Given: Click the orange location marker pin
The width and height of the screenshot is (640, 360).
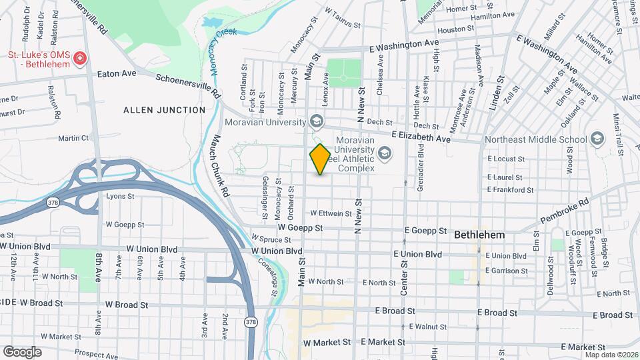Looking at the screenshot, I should (320, 159).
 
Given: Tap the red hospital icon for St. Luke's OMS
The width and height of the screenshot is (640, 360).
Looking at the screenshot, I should (80, 59).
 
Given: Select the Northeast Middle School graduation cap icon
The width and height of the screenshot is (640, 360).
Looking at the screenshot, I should (597, 139).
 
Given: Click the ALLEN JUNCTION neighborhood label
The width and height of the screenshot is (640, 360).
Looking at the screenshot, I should (164, 110).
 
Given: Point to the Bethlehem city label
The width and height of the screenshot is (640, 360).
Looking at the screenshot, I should (479, 235).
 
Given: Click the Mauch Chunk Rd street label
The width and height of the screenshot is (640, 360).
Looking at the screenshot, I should (219, 166).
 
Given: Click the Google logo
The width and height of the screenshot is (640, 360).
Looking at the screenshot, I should (22, 351).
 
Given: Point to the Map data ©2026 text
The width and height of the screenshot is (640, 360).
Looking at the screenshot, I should (611, 355).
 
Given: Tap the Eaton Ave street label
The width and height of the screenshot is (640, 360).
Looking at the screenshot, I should (117, 73).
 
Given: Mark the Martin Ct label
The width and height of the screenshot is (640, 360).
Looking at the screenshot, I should (73, 138).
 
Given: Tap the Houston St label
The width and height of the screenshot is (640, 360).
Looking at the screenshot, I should (455, 29).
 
